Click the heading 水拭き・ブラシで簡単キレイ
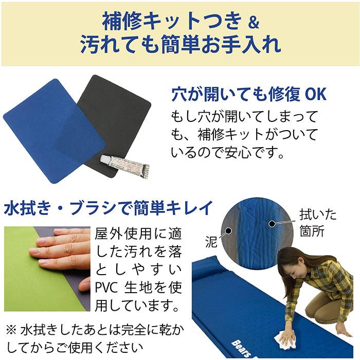click(x=109, y=208)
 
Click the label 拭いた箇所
click(x=317, y=223)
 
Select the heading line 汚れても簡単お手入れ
click(x=181, y=44)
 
